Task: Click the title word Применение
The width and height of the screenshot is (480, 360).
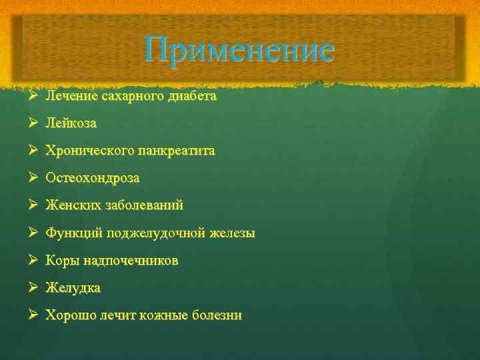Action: pos(239,50)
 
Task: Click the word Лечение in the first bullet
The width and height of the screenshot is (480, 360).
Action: pos(71,96)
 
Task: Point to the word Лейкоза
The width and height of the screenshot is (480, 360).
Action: pos(71,123)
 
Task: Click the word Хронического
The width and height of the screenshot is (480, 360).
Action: pos(89,151)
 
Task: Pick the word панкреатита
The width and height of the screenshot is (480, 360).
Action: pos(176,151)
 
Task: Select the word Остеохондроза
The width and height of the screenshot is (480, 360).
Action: pos(93,179)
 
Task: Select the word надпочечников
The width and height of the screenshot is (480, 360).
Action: pos(127,261)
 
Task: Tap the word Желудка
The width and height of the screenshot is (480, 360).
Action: pos(73,289)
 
